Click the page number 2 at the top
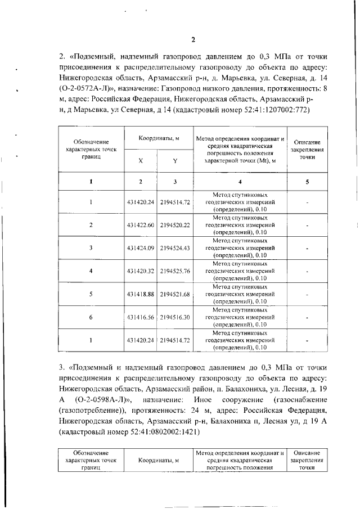click(192, 39)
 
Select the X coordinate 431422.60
click(141, 225)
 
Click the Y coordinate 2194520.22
click(175, 225)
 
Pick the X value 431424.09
click(141, 248)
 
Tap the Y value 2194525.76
click(175, 271)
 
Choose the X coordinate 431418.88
click(141, 294)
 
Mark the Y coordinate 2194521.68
click(175, 294)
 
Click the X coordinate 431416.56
click(141, 317)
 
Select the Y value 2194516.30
click(175, 317)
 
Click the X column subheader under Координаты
click(141, 160)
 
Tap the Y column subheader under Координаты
click(175, 160)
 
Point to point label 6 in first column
click(91, 317)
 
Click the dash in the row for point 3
click(307, 248)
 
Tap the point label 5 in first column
click(91, 294)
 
